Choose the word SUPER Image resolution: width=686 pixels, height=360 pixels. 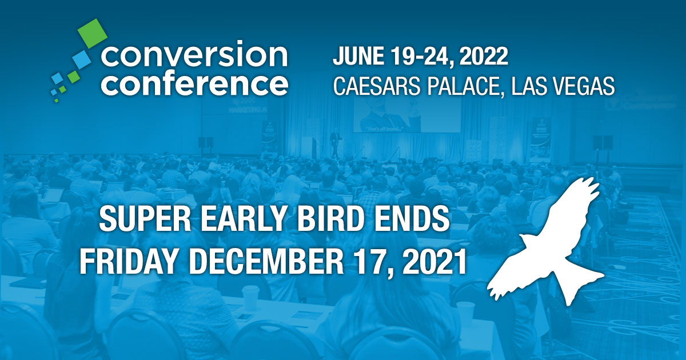139,220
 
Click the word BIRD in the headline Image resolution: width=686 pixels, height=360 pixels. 338,220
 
